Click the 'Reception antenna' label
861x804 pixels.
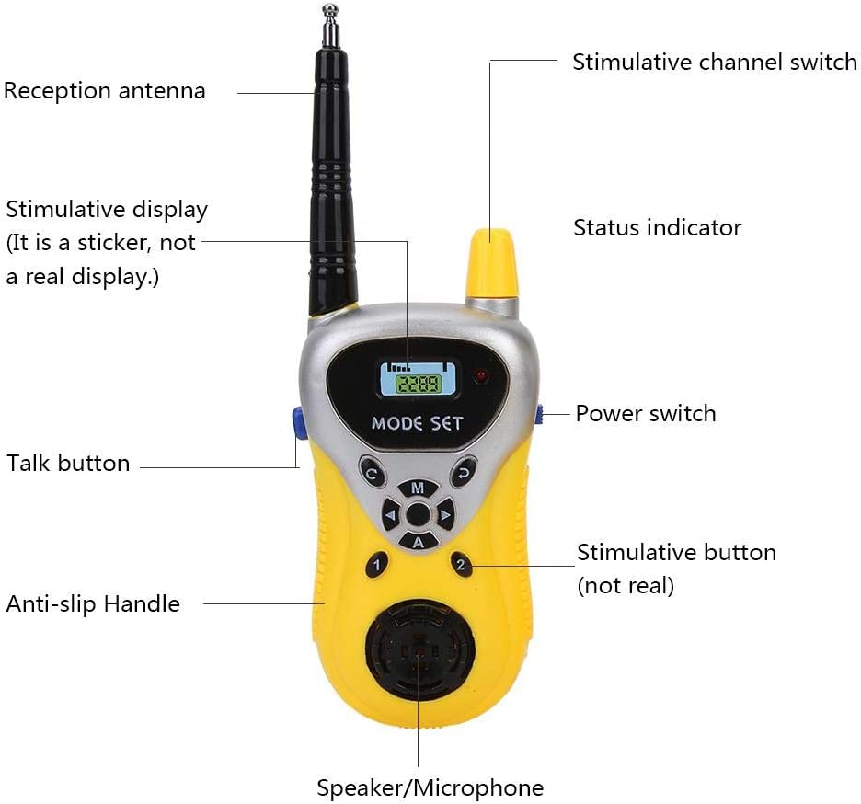[104, 91]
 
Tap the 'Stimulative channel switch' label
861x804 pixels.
[715, 62]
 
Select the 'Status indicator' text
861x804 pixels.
[658, 227]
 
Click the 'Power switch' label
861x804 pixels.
[646, 414]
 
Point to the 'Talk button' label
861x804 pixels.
[68, 463]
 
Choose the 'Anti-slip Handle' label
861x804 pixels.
[93, 603]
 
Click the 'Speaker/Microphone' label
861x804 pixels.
[430, 787]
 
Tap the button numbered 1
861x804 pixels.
[377, 564]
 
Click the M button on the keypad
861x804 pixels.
[418, 488]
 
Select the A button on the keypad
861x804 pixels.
[419, 542]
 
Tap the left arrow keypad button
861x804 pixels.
[391, 515]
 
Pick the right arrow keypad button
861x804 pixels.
[445, 515]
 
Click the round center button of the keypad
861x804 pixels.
[418, 514]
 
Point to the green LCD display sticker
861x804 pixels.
[419, 379]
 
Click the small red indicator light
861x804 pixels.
[482, 376]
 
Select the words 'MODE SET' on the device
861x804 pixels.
[418, 423]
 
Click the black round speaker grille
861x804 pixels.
[420, 650]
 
